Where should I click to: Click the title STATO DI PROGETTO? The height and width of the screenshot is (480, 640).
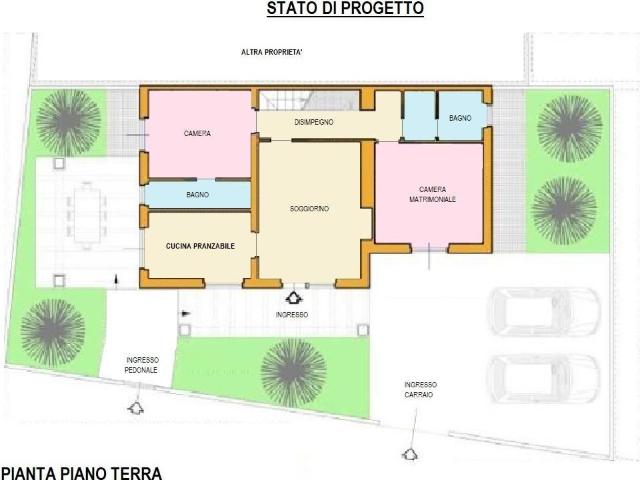345,9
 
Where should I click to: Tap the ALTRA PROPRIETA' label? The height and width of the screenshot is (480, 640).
273,52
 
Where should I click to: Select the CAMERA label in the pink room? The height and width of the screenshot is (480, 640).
197,133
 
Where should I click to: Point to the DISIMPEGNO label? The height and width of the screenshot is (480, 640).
313,122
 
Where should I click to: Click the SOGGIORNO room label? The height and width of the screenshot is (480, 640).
310,208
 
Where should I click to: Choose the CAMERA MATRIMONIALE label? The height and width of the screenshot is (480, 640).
432,194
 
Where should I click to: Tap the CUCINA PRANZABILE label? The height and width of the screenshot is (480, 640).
201,244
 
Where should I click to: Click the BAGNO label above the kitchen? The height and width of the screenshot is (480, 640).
197,194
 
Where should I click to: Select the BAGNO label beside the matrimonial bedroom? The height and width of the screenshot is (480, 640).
460,118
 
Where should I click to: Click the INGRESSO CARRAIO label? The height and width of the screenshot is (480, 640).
420,389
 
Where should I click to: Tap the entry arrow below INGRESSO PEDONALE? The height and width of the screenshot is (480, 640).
133,407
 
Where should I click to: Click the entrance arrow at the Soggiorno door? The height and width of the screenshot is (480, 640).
293,297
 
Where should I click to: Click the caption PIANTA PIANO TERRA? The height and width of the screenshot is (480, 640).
80,472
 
